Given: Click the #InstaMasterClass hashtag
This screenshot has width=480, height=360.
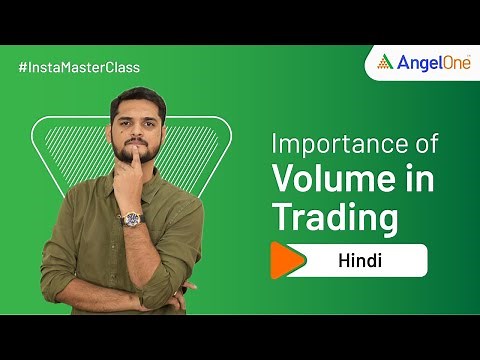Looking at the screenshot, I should point(79,67).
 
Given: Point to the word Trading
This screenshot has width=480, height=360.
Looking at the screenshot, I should point(335,217).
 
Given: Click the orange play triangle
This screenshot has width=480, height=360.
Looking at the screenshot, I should point(288,261).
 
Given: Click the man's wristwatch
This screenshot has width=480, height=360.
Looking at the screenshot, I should point(131,216).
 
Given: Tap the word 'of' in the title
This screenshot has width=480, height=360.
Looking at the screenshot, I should point(427,143).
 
